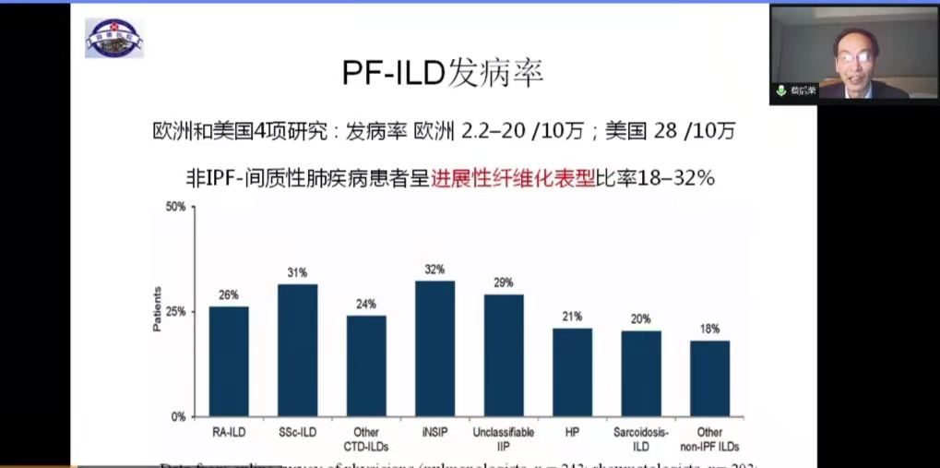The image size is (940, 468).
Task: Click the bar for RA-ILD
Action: (228, 361)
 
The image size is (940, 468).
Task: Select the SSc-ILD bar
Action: (297, 350)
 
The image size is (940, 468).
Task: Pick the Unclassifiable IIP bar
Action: (504, 354)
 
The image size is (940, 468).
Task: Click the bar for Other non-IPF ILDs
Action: (709, 378)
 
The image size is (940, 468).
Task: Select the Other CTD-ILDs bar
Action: (366, 366)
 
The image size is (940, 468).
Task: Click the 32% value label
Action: (434, 270)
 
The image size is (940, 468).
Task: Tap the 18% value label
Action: (709, 329)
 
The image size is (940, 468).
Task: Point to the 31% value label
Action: (297, 272)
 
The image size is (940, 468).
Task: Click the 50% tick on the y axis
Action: (175, 207)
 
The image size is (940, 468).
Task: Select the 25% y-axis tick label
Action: (175, 312)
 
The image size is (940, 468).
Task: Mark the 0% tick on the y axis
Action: (178, 416)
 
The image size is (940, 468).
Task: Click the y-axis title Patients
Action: (156, 310)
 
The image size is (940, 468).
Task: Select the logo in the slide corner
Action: (114, 38)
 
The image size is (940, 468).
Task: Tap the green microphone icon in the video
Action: (780, 90)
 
